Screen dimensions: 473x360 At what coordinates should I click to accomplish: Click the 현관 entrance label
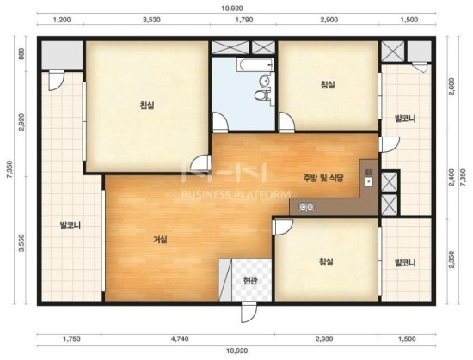pos(250,281)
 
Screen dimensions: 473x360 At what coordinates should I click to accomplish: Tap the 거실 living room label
pos(160,240)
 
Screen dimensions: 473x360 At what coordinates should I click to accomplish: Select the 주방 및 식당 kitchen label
pos(323,178)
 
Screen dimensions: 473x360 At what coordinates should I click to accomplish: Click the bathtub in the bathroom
pos(255,65)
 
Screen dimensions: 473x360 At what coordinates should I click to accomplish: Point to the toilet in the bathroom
pos(261,95)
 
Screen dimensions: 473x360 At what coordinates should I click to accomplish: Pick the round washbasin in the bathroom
pos(265,81)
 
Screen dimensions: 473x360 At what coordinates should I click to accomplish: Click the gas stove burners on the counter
pos(306,207)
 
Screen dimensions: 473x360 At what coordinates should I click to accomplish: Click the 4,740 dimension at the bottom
pos(180,339)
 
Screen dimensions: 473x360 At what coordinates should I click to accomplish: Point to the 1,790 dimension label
pos(244,20)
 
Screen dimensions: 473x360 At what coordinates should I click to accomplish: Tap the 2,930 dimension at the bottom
pos(324,339)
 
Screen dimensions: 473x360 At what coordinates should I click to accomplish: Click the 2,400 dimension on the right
pos(451,177)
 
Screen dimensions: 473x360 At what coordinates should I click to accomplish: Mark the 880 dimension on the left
pos(21,54)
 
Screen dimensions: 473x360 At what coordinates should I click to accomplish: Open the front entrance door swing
pos(249,312)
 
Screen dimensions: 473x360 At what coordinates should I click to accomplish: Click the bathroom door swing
pos(220,122)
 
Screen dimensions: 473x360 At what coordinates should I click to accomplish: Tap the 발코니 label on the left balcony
pos(71,225)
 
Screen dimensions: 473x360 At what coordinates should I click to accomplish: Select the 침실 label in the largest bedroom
pos(147,105)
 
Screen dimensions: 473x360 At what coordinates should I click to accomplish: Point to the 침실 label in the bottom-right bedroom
pos(326,261)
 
